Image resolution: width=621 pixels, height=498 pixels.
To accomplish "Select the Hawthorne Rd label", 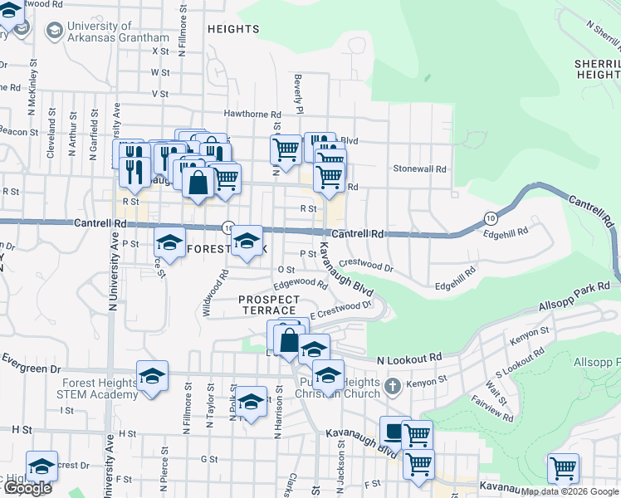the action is (x=252, y=114).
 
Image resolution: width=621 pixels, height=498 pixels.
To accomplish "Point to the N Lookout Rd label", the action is (x=408, y=359).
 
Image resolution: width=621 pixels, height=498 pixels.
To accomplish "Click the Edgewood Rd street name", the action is (x=301, y=284).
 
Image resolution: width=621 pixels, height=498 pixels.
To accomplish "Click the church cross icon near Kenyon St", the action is (x=394, y=386).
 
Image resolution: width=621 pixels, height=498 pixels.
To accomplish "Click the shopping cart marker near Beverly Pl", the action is (x=286, y=150).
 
